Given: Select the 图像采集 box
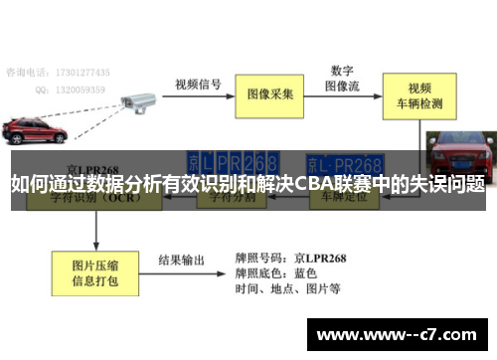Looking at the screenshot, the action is pos(271,94).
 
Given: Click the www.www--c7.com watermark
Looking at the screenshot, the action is pos(399,333).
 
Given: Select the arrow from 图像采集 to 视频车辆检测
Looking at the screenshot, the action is pos(350,94).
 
